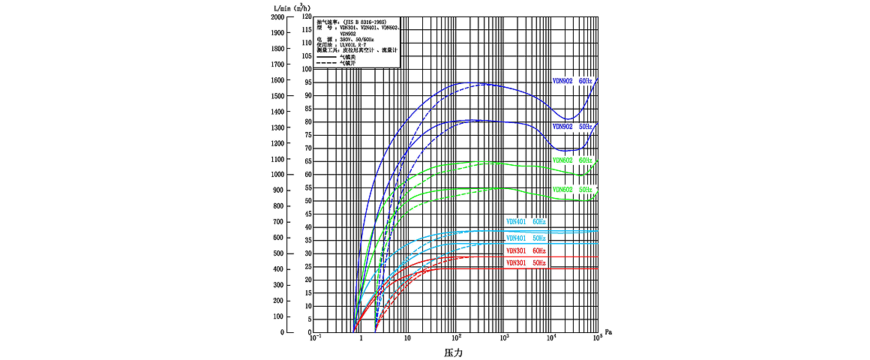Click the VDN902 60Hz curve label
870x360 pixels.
pos(572,80)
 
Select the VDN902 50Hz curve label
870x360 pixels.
pos(572,127)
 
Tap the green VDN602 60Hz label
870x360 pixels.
pos(572,160)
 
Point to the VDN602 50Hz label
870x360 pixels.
pos(572,190)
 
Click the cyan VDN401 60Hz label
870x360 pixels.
pos(526,222)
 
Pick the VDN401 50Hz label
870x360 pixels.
pos(526,238)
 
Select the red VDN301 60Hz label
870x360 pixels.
pos(526,250)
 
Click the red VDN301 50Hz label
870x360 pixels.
pos(526,263)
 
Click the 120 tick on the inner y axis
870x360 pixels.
pos(305,16)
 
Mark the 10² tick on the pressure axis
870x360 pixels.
pos(455,339)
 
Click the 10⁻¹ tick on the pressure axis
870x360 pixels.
pos(316,339)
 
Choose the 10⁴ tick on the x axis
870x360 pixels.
pos(551,339)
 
